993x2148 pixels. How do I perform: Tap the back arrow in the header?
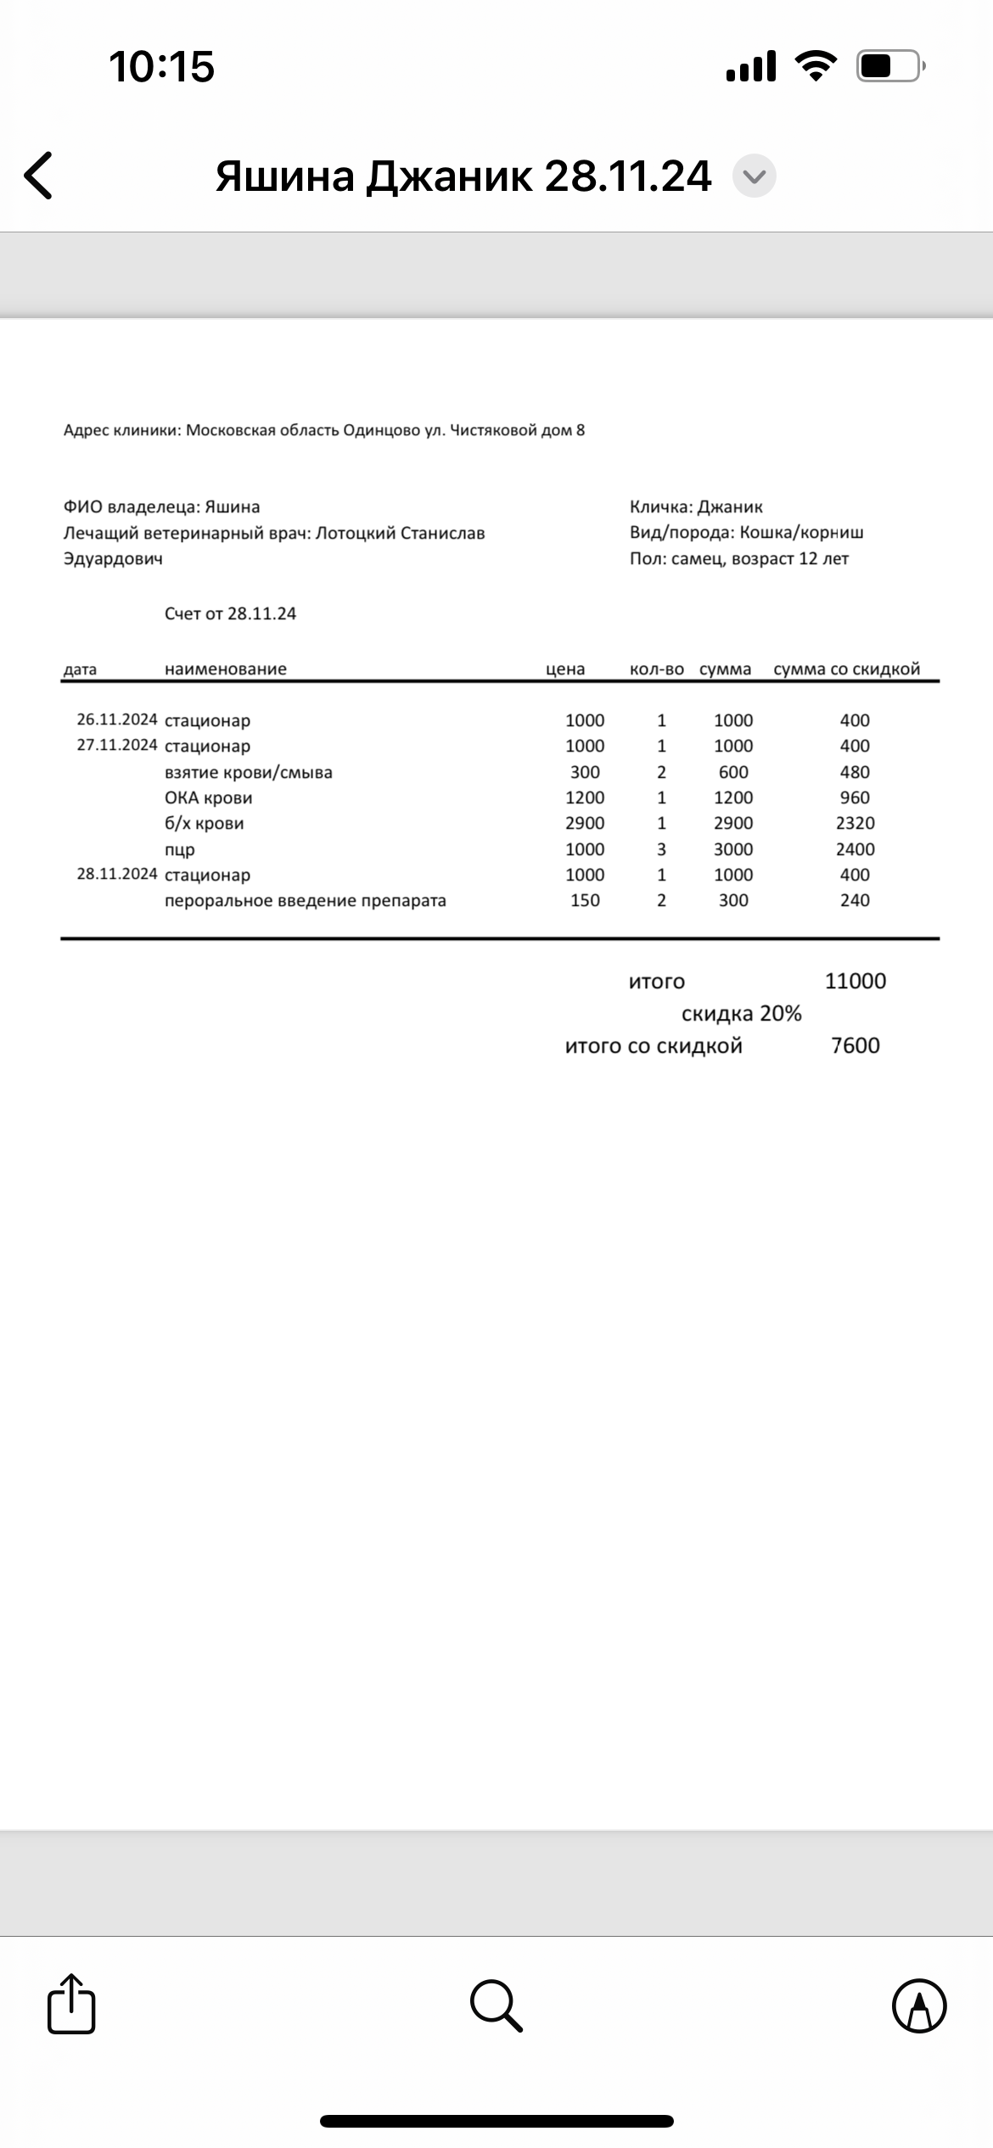[x=39, y=176]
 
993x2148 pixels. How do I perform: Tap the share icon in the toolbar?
[x=71, y=2005]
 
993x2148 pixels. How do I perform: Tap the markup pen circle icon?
[x=919, y=2005]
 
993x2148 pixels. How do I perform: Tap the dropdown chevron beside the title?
[x=754, y=176]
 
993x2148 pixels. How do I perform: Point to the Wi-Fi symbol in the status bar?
[x=816, y=66]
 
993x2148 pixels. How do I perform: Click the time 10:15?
[x=161, y=66]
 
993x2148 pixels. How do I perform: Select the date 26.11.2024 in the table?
[x=117, y=719]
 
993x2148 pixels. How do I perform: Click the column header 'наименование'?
[x=226, y=668]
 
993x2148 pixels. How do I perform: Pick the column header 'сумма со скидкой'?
[x=846, y=668]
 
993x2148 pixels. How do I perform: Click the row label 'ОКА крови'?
[x=209, y=797]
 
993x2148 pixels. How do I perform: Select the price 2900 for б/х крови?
[x=585, y=823]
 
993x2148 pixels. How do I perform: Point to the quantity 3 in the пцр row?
[x=661, y=849]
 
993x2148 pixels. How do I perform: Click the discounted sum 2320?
[x=855, y=823]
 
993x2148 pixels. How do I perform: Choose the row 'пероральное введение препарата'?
[x=306, y=900]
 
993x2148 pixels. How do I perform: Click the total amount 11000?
[x=855, y=981]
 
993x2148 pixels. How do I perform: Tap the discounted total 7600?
[x=855, y=1045]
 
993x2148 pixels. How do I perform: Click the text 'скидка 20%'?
[x=741, y=1014]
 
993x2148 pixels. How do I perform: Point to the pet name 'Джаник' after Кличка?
[x=730, y=506]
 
